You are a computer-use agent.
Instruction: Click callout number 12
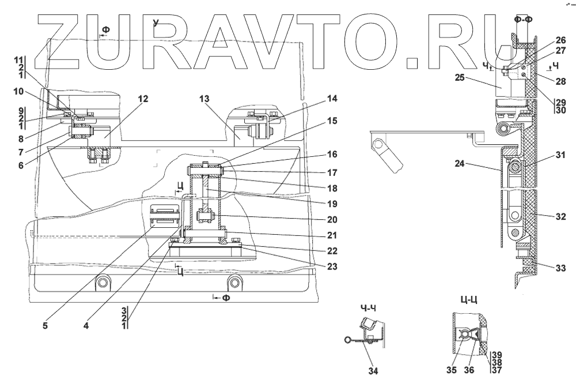[x=143, y=99]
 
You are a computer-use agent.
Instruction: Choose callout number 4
[x=86, y=325]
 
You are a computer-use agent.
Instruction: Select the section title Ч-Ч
[x=367, y=307]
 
